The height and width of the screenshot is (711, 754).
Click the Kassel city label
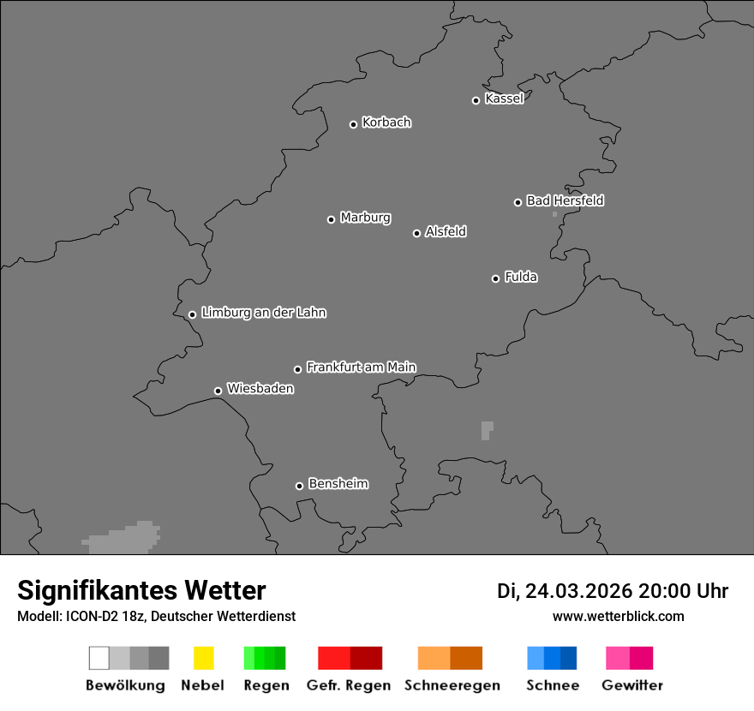504,99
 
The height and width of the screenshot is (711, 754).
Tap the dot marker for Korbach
353,124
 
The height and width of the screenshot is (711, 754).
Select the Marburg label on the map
365,218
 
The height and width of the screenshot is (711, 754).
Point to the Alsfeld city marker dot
416,233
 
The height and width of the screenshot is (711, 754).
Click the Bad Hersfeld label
565,200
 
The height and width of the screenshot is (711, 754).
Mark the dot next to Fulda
495,278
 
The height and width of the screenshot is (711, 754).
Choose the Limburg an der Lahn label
263,313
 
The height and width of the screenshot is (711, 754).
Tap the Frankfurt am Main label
361,367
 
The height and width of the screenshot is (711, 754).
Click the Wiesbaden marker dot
218,391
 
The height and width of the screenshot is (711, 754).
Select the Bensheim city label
338,484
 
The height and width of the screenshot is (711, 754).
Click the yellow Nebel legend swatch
203,658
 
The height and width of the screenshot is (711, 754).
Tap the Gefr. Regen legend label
349,685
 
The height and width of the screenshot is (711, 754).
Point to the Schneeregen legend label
452,685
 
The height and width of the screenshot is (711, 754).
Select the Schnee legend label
553,685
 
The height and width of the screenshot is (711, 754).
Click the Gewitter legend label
632,685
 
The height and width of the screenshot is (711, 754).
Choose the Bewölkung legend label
125,685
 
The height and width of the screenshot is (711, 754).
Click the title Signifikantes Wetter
141,590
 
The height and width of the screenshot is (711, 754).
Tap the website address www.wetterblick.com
618,616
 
